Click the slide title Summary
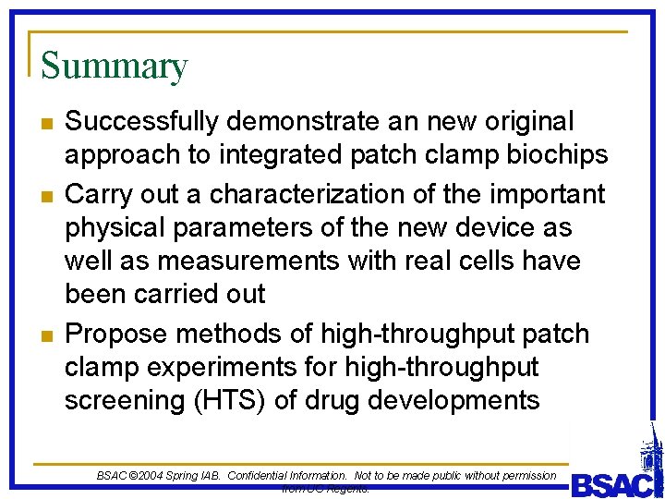[x=115, y=67]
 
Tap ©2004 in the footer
[x=148, y=475]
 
